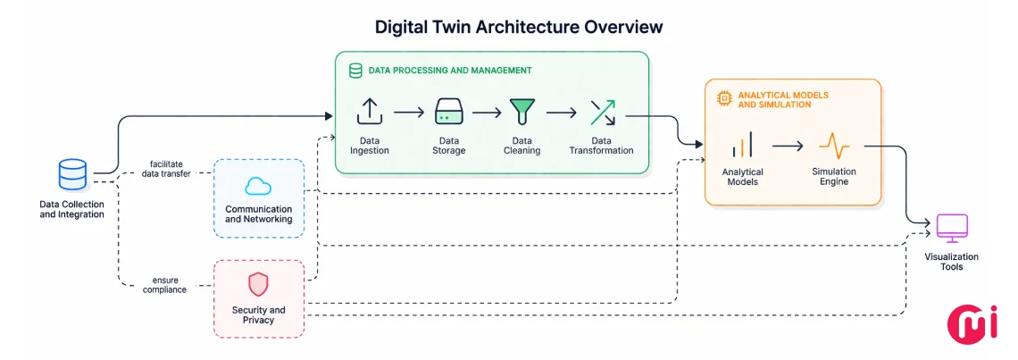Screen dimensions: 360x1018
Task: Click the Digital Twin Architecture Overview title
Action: tap(519, 27)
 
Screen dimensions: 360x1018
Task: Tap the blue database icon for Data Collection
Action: tap(72, 174)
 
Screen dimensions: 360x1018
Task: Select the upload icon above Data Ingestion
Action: tap(369, 112)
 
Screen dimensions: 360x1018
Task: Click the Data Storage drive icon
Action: tap(448, 112)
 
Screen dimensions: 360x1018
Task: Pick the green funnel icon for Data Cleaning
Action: tap(522, 112)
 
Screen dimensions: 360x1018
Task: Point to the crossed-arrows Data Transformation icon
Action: tap(601, 112)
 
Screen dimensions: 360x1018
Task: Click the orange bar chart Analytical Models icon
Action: tap(742, 145)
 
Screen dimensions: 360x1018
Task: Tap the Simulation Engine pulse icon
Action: tap(833, 145)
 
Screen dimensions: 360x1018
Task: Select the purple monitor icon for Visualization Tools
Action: tap(951, 228)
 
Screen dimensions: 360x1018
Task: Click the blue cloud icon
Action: tap(258, 186)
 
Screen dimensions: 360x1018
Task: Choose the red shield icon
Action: tap(258, 284)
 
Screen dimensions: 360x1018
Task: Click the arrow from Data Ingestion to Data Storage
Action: tap(408, 113)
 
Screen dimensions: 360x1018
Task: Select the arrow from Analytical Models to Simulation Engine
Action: tap(788, 145)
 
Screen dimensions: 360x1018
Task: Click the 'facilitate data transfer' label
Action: tap(168, 169)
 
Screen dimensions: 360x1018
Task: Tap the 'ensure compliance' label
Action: tap(166, 284)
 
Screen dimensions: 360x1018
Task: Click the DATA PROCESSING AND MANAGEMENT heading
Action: tap(450, 70)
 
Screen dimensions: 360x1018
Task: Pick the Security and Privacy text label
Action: tap(258, 315)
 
